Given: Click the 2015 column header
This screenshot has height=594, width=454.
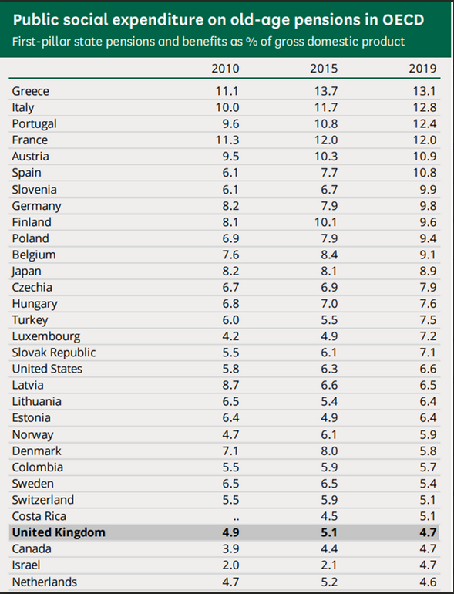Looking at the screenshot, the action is (324, 68).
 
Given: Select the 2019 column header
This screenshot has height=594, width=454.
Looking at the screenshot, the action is (422, 68).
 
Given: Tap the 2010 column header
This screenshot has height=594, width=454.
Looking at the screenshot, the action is (225, 68).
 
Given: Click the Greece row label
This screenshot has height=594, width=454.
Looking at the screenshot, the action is (31, 91).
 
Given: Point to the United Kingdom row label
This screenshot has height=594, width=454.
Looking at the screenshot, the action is (59, 532).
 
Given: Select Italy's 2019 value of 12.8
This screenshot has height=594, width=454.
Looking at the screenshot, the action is (425, 107).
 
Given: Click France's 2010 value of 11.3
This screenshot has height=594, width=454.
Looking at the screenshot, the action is (227, 140).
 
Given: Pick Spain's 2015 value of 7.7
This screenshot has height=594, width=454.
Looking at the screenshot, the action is (329, 173).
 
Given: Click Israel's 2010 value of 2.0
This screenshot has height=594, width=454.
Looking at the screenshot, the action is (230, 565).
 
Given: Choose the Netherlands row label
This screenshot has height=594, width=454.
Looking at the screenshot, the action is (45, 582).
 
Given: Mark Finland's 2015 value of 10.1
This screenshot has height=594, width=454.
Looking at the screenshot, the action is (326, 222).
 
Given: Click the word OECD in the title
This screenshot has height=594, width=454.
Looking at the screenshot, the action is (403, 20).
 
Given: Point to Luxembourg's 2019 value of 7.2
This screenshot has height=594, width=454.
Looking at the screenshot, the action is (429, 336).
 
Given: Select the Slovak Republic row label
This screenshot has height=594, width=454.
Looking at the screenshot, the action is (54, 353).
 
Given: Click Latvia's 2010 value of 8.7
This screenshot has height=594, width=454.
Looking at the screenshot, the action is (230, 385).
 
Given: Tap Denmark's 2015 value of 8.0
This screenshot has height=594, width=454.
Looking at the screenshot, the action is (329, 451).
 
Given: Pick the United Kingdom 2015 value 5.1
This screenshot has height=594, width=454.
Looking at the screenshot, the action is (329, 532).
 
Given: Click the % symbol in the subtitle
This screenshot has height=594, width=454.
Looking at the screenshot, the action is (251, 42).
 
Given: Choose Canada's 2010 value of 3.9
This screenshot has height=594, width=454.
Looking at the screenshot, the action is (230, 549).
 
